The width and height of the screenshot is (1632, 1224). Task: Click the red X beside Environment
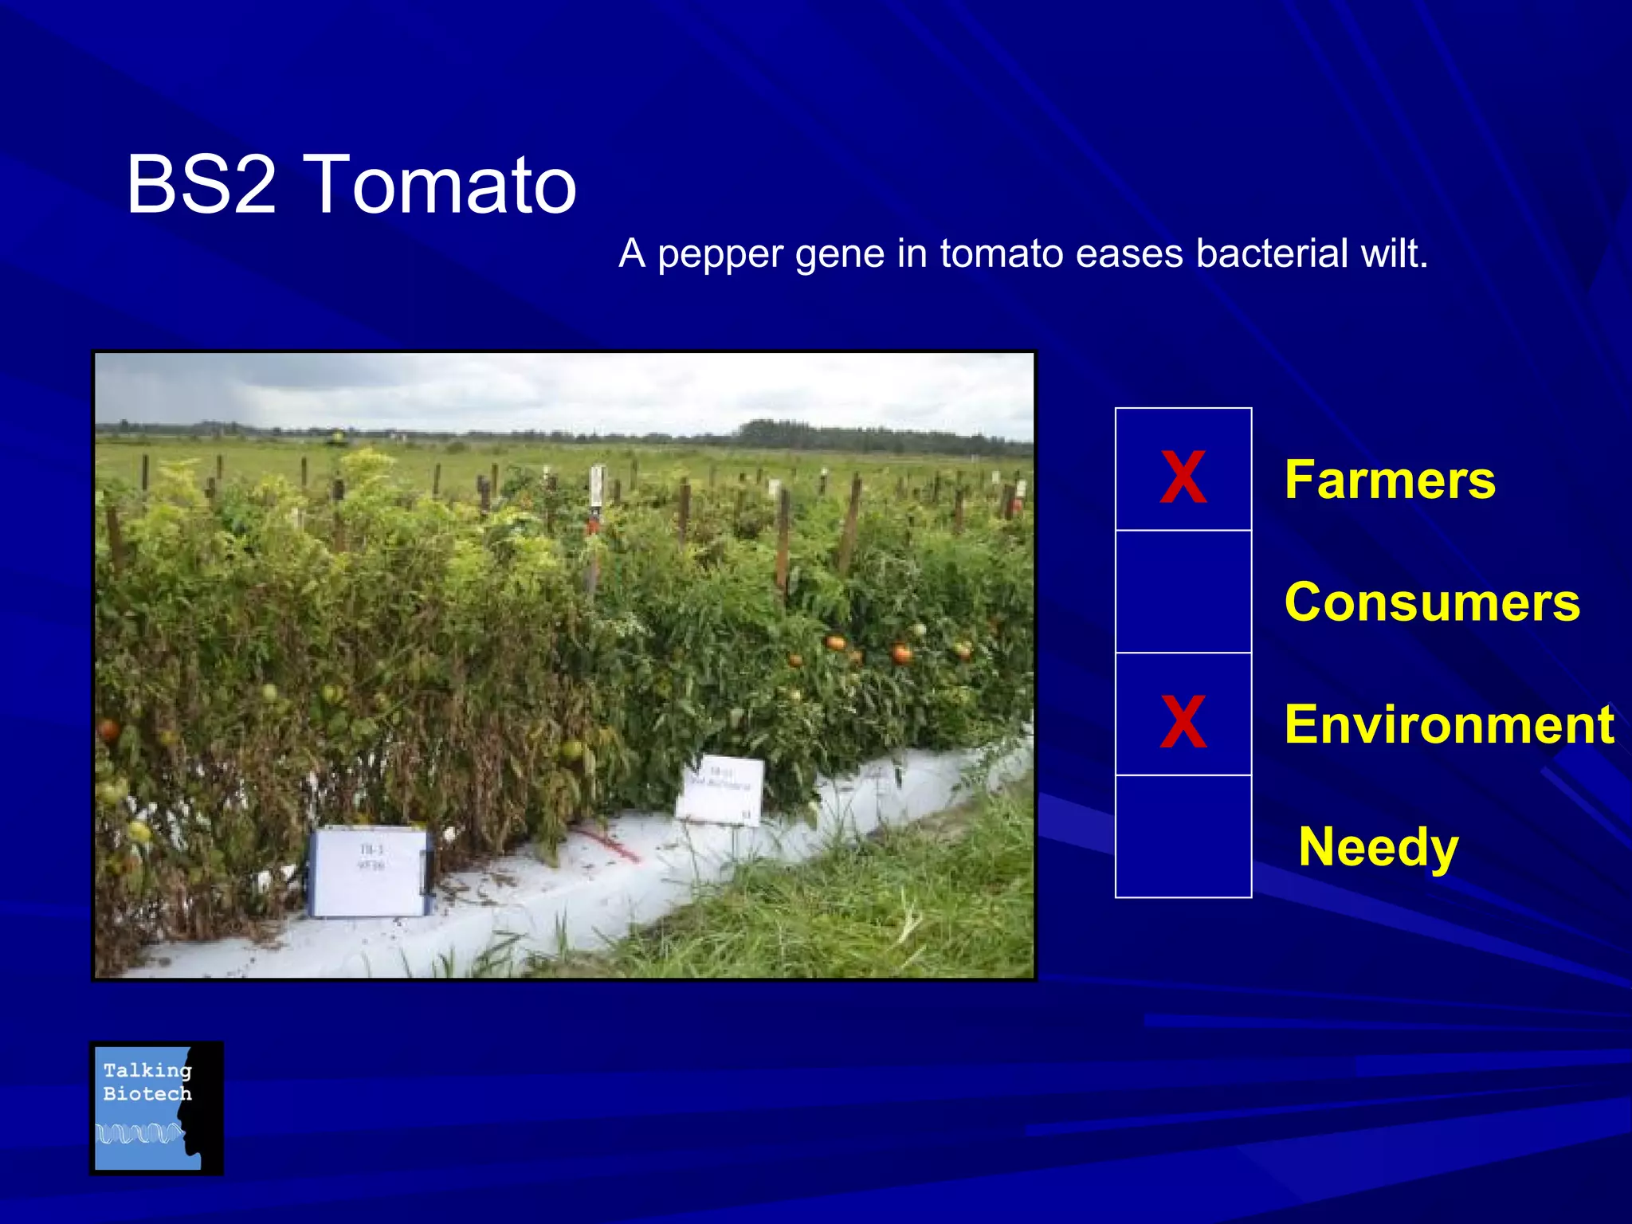(x=1183, y=720)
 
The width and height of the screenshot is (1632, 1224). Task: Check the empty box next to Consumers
(x=1183, y=591)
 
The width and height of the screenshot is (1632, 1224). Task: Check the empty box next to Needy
(x=1183, y=837)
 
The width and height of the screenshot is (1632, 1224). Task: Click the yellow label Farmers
(x=1390, y=480)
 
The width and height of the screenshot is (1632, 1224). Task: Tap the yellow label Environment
(x=1449, y=724)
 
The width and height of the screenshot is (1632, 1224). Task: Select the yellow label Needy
(x=1378, y=846)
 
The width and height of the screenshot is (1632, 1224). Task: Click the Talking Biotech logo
(x=156, y=1108)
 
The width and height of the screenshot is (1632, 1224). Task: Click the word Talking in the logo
(x=147, y=1070)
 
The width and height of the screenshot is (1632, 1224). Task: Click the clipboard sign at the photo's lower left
(x=368, y=872)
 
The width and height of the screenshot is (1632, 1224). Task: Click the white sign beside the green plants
(x=720, y=789)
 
